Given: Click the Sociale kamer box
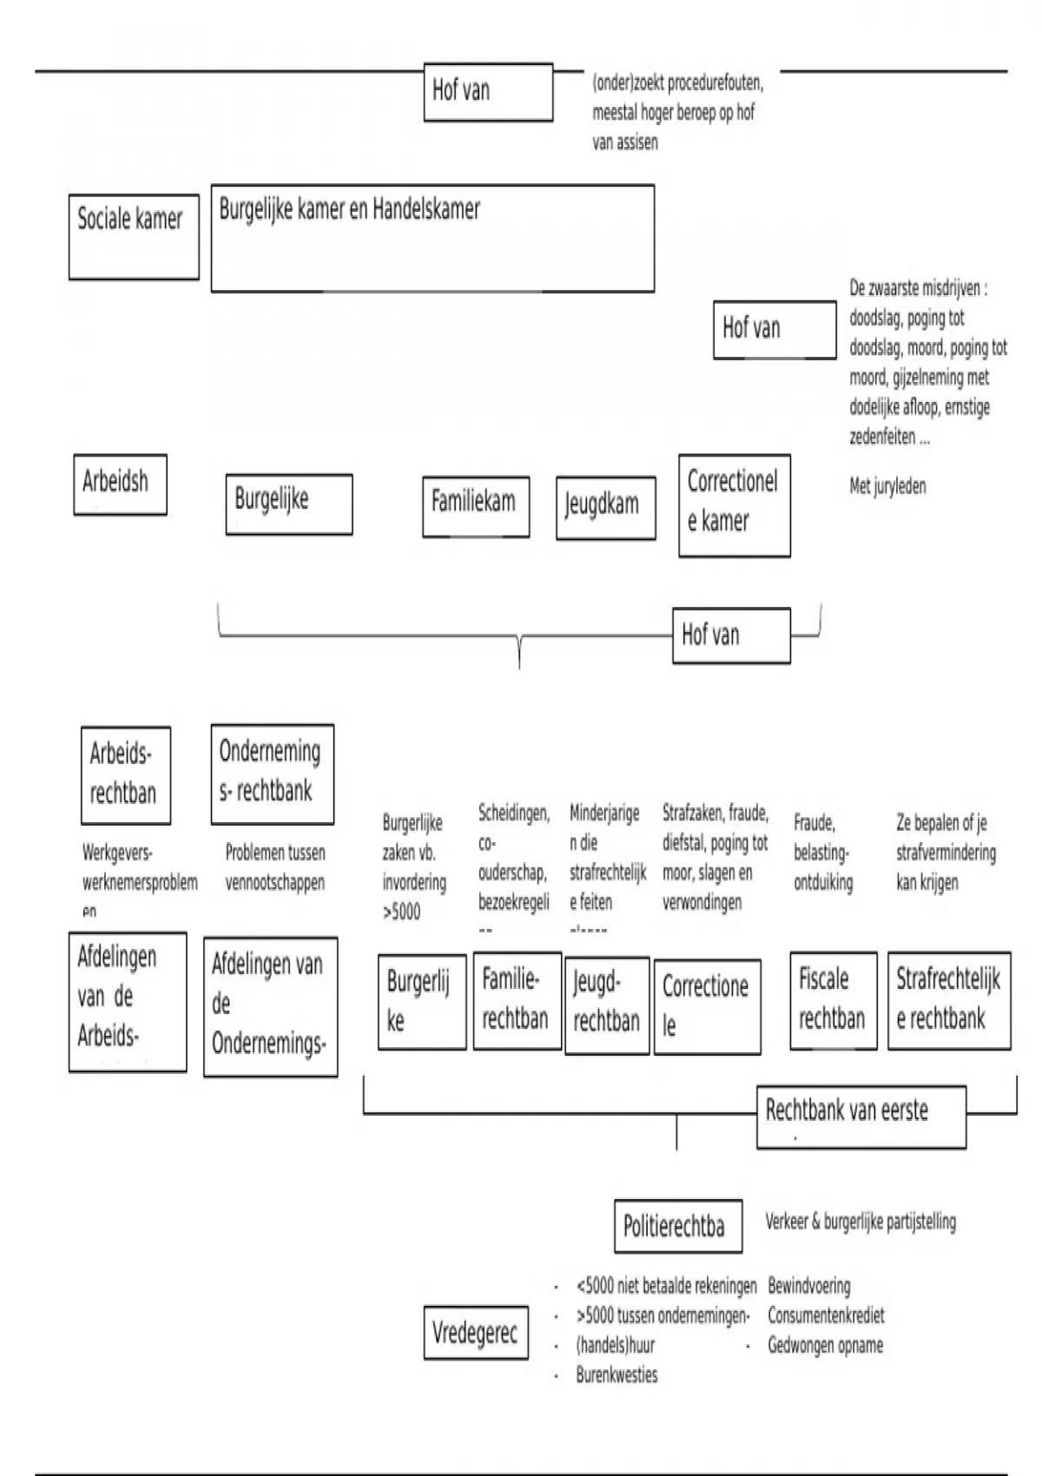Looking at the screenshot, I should click(134, 236).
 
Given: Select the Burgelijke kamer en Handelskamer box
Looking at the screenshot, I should click(432, 238).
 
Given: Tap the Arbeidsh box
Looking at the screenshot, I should click(120, 484).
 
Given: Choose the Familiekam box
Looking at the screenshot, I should click(476, 505).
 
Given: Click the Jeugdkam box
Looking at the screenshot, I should click(605, 508).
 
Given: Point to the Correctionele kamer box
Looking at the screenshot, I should click(734, 504).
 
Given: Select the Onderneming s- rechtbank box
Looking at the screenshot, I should click(272, 774).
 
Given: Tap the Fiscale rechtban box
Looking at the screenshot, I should click(834, 1000).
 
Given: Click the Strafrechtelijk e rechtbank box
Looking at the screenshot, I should click(949, 1000).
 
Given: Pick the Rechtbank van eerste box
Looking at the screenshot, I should click(861, 1117).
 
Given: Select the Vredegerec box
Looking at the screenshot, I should click(476, 1332).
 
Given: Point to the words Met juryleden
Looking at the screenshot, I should click(887, 486).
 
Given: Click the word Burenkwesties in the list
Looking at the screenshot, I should click(617, 1375).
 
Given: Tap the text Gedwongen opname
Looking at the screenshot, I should click(825, 1346).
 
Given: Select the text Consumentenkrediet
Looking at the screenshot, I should click(826, 1316).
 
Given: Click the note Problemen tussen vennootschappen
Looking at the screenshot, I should click(275, 867).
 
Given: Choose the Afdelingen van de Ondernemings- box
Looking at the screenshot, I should click(270, 1006).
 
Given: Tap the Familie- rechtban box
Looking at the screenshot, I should click(517, 1000).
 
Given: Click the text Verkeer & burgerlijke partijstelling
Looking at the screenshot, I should click(861, 1222).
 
